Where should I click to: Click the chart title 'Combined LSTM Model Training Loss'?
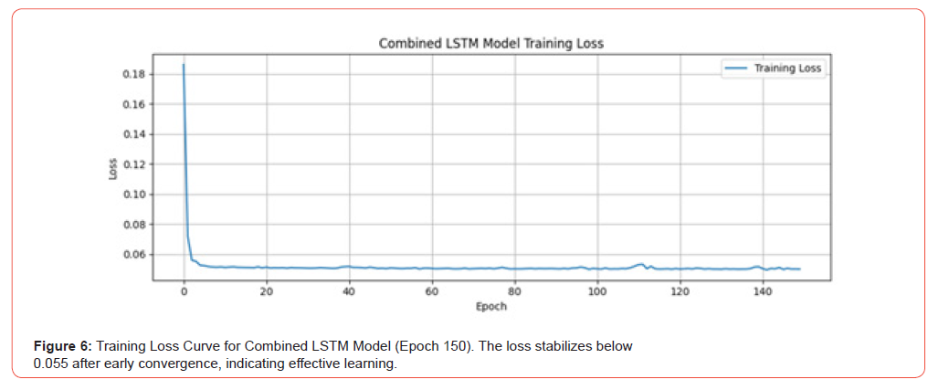pyautogui.click(x=490, y=43)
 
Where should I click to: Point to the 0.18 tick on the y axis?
pyautogui.click(x=134, y=74)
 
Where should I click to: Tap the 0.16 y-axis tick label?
pyautogui.click(x=134, y=104)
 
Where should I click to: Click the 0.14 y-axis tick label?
pyautogui.click(x=134, y=134)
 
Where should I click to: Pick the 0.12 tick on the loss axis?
pyautogui.click(x=134, y=164)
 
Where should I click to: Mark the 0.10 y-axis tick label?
pyautogui.click(x=134, y=195)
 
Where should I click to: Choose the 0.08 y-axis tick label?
pyautogui.click(x=134, y=225)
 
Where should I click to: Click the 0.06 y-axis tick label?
pyautogui.click(x=134, y=255)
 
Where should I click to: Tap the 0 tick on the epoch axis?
pyautogui.click(x=184, y=292)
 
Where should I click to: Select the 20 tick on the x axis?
pyautogui.click(x=267, y=292)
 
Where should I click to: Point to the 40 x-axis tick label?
pyautogui.click(x=349, y=292)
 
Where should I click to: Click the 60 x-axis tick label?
pyautogui.click(x=432, y=292)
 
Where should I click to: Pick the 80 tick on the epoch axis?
pyautogui.click(x=514, y=292)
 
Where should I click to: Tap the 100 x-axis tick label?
pyautogui.click(x=597, y=292)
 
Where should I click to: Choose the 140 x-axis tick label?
pyautogui.click(x=763, y=292)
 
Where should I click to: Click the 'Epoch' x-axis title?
pyautogui.click(x=490, y=307)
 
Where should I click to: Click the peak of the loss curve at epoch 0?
pyautogui.click(x=184, y=64)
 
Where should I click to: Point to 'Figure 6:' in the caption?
pyautogui.click(x=63, y=347)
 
